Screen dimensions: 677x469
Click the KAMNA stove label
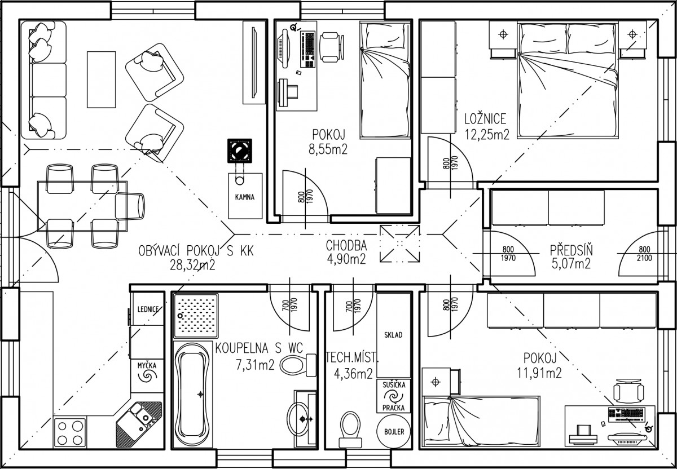(245, 197)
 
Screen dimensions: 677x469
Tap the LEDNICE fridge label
(148, 309)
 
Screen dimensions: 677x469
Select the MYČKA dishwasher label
(147, 366)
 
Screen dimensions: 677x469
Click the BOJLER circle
(394, 432)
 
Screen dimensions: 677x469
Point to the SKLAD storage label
(393, 335)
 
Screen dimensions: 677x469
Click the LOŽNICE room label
(485, 119)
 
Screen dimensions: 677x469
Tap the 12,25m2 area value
(487, 135)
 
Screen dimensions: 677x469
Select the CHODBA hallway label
(346, 246)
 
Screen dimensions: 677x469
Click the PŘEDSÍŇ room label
(571, 250)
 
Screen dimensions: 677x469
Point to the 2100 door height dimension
(644, 258)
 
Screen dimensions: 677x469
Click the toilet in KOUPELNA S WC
(298, 365)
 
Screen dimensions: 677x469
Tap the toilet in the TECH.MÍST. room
(350, 429)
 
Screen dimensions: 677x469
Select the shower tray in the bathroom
(196, 316)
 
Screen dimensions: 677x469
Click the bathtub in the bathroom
(193, 395)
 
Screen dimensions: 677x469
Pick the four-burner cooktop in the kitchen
(70, 432)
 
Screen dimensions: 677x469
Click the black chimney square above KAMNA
(240, 151)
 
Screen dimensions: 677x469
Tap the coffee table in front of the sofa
(102, 79)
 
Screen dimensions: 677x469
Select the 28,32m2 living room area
(192, 265)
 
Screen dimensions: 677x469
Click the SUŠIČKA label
(394, 385)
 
